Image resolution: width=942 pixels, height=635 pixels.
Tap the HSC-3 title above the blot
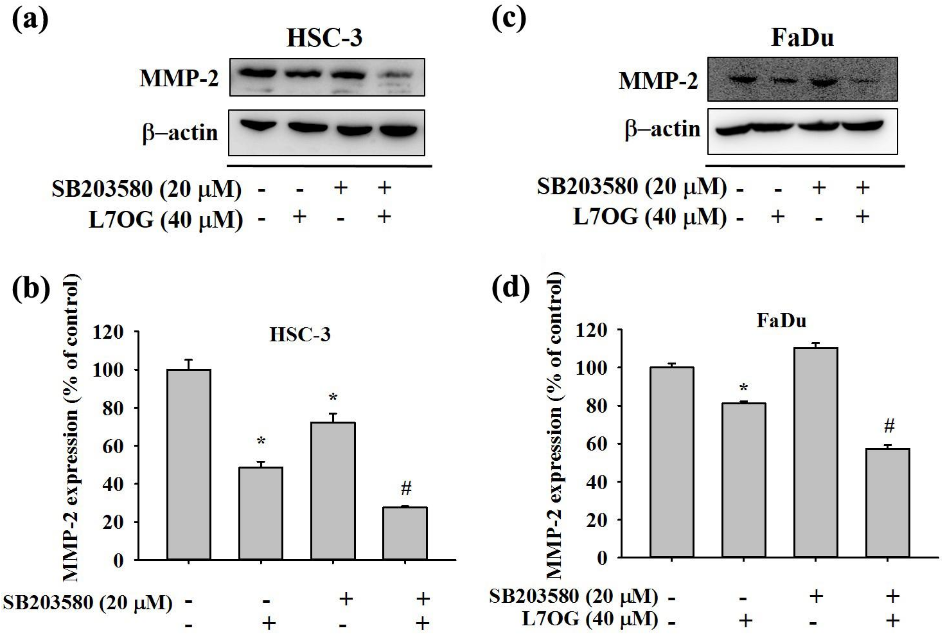coord(324,38)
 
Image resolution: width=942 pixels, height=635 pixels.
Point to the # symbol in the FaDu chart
coord(889,426)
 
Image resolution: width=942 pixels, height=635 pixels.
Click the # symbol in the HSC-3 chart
coord(406,489)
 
